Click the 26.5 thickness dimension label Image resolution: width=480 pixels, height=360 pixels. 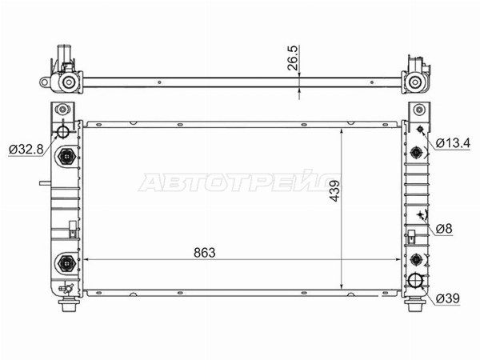[292, 58]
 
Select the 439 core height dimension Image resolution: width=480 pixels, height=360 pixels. [334, 190]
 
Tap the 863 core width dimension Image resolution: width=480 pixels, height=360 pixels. [205, 253]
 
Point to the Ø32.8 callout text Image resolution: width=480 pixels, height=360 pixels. [26, 150]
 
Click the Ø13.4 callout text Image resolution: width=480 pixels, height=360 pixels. [453, 143]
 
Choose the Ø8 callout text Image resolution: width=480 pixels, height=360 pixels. [444, 228]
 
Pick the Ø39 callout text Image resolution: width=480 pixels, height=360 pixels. [447, 298]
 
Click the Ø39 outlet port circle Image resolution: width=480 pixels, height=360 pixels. [416, 280]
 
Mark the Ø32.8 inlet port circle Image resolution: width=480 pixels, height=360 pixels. [63, 132]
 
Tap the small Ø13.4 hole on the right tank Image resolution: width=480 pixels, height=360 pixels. [420, 129]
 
